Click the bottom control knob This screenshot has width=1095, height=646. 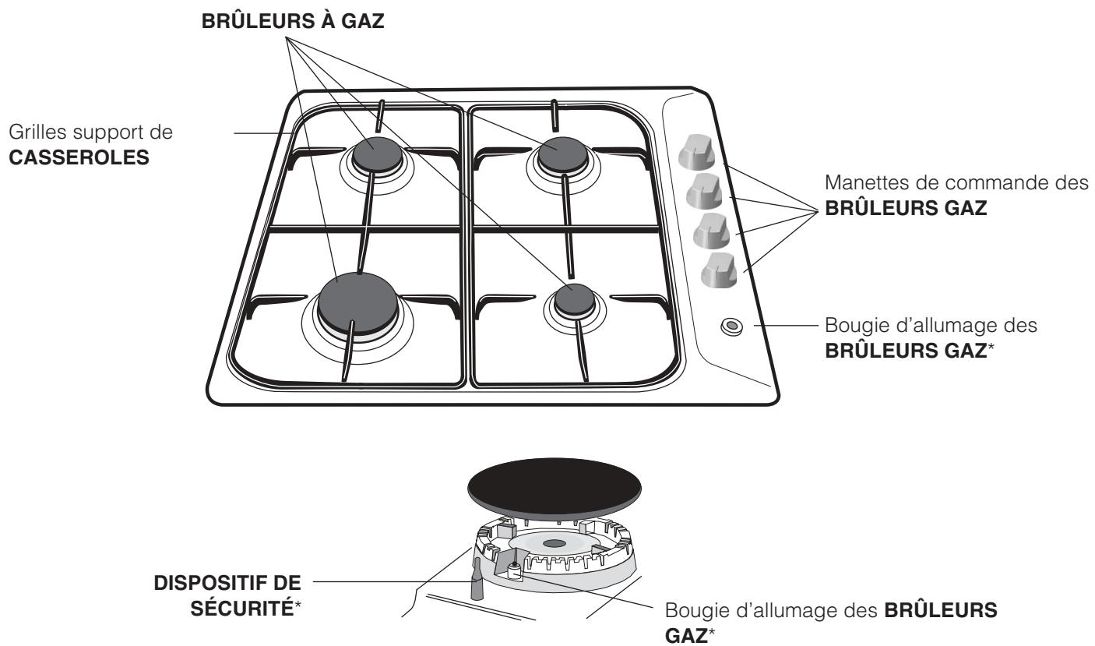click(x=715, y=270)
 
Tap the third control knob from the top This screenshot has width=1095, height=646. click(x=709, y=231)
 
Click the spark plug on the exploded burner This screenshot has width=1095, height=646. click(x=515, y=572)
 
